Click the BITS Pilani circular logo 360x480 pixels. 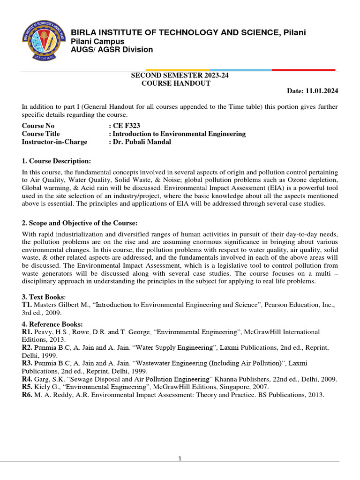(43, 41)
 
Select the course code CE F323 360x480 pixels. (126, 126)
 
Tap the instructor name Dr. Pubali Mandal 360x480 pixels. (142, 142)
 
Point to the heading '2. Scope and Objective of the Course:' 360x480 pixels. (80, 223)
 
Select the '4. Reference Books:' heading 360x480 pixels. (52, 324)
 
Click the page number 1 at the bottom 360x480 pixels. (180, 458)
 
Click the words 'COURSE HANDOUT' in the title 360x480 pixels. (176, 83)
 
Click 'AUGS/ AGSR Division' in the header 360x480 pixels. (112, 50)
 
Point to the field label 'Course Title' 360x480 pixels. (42, 134)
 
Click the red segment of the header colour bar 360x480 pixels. (303, 70)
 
